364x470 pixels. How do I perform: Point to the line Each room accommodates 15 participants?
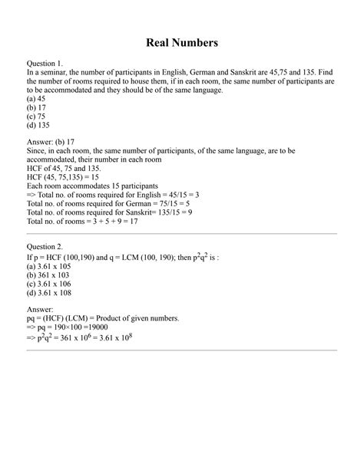(x=92, y=186)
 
